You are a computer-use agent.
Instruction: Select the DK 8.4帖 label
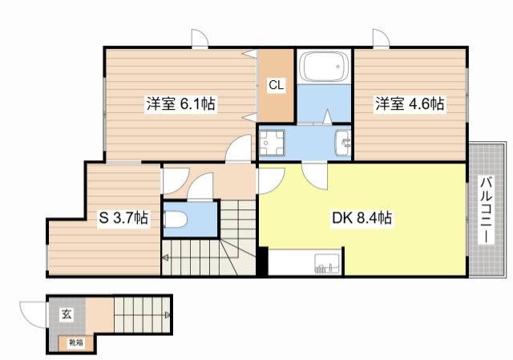click(x=362, y=217)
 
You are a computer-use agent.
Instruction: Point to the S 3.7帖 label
click(x=123, y=217)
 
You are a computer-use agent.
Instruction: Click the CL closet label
click(x=275, y=84)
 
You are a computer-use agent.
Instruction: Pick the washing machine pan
click(x=275, y=143)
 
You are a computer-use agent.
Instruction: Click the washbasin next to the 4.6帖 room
click(x=343, y=144)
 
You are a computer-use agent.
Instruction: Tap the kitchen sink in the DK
click(x=328, y=262)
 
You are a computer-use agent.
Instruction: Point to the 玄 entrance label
click(x=65, y=314)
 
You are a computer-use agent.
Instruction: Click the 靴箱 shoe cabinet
click(x=75, y=343)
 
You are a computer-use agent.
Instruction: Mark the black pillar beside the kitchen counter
click(x=262, y=262)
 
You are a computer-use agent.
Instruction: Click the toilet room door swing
click(x=200, y=188)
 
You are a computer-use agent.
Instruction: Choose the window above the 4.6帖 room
click(x=378, y=38)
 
